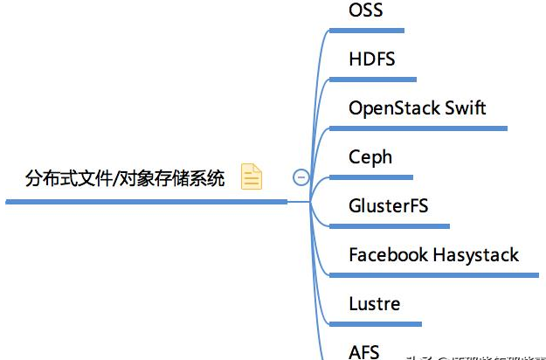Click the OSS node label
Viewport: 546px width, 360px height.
365,11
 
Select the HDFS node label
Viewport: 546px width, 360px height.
371,59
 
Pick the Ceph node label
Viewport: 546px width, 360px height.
370,157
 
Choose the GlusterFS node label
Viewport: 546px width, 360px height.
388,206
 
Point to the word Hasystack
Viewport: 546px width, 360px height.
476,255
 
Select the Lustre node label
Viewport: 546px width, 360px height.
374,304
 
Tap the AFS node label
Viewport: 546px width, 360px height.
363,351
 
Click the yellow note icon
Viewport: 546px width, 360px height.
252,177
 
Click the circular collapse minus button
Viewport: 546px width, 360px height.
301,177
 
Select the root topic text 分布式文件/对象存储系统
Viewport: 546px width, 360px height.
125,179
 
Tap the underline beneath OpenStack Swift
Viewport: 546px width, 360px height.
418,128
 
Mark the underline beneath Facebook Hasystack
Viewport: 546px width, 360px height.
433,274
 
